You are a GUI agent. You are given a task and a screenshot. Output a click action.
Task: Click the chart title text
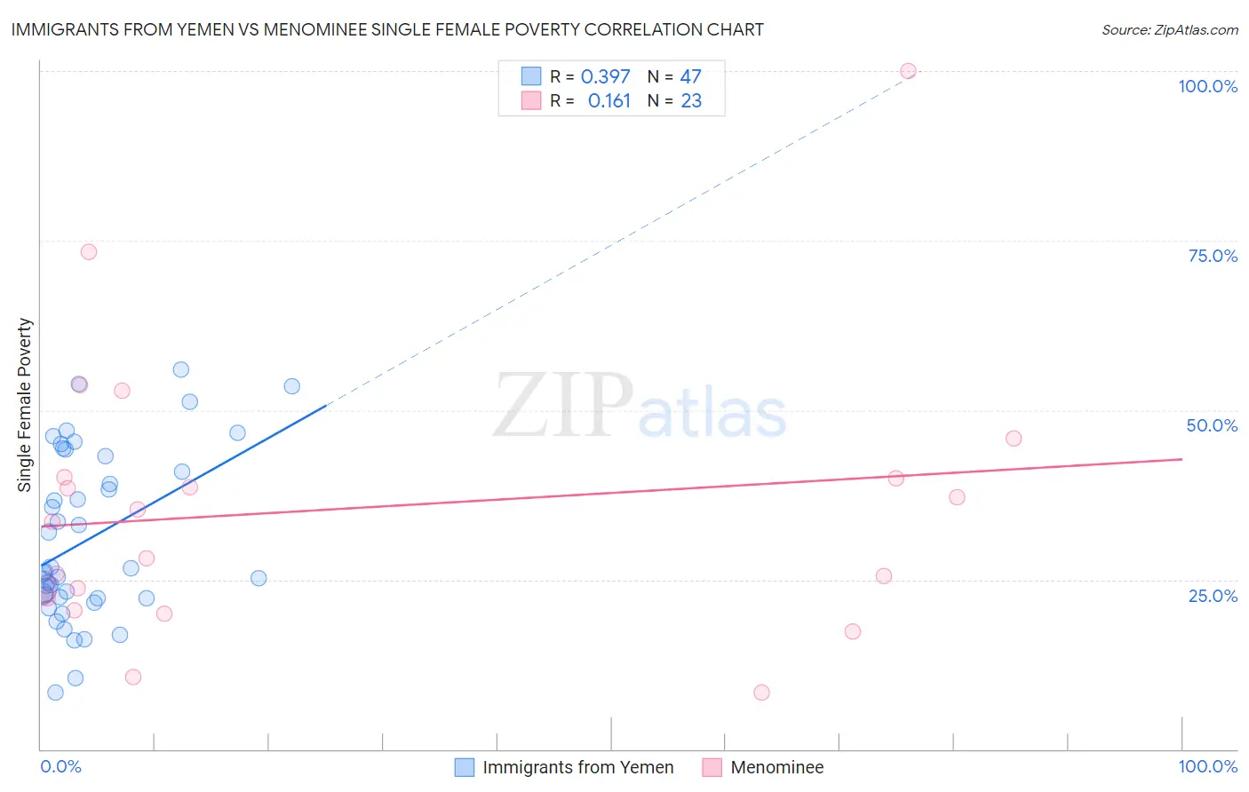coord(387,29)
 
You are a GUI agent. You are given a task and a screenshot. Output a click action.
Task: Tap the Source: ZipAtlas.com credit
coord(1169,29)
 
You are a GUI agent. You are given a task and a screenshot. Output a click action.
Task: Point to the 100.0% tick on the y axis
coord(1207,86)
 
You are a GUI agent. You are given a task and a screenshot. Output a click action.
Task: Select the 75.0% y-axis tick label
coord(1213,256)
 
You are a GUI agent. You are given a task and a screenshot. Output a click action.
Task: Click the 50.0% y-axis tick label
coord(1212,425)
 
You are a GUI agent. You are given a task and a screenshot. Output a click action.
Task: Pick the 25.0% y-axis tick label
coord(1213,596)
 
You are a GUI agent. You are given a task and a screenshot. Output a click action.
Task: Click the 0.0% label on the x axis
coord(60,766)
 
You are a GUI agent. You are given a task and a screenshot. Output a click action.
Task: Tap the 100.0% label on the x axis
coord(1207,766)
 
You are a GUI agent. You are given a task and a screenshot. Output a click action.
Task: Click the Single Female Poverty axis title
coord(25,405)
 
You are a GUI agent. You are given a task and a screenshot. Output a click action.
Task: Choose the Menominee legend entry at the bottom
coord(776,767)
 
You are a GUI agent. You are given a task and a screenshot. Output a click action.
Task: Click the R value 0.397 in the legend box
coord(605,77)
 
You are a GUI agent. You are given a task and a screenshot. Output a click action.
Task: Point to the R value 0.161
coord(609,101)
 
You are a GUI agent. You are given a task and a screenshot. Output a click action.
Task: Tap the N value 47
coord(690,77)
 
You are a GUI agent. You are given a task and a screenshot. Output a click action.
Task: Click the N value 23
coord(691,101)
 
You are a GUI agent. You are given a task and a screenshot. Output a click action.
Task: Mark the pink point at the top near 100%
coord(908,71)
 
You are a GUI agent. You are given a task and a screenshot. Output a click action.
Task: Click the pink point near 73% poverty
coord(89,252)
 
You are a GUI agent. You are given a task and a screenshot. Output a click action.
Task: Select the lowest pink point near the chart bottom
coord(761,693)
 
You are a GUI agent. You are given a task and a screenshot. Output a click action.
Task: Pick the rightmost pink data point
coord(1014,439)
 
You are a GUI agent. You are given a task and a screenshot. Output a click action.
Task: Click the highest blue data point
coord(181,369)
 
